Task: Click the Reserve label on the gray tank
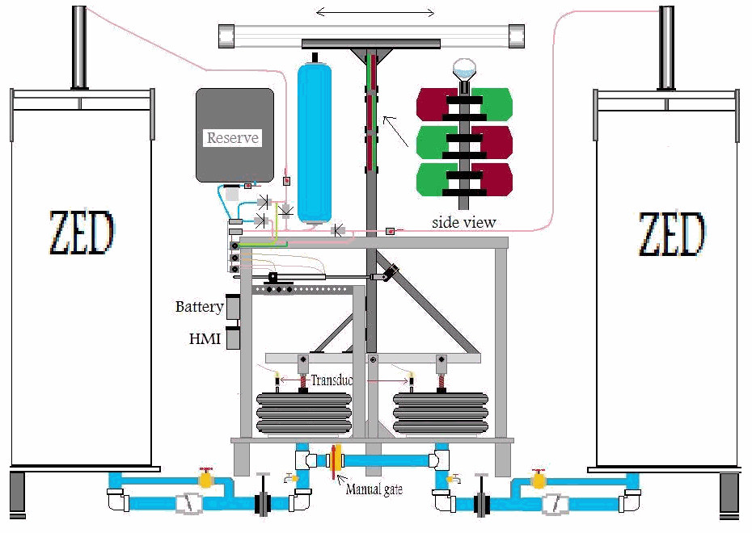(233, 138)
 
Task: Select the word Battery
(199, 307)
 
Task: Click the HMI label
(205, 339)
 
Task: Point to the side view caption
(463, 222)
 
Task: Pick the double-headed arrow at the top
(375, 12)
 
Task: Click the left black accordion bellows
(304, 413)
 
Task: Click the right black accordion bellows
(441, 413)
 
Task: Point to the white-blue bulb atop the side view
(463, 69)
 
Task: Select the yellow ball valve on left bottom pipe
(206, 480)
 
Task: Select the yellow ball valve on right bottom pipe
(538, 480)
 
